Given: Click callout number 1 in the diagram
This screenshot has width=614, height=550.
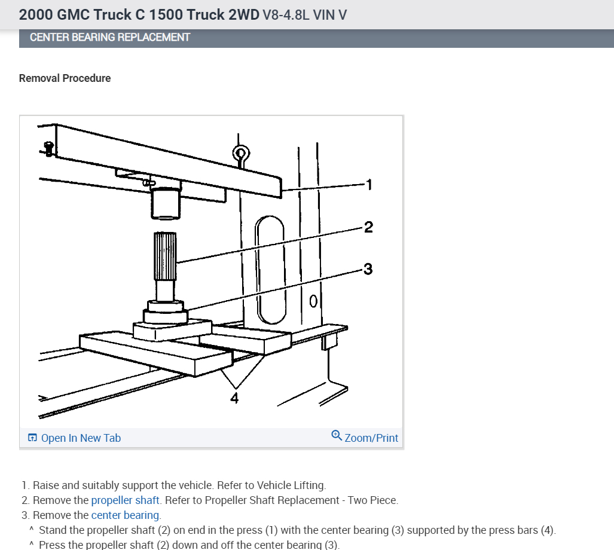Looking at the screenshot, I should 369,185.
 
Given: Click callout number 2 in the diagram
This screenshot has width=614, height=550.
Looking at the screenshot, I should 368,227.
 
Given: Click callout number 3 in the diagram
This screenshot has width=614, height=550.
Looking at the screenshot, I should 368,269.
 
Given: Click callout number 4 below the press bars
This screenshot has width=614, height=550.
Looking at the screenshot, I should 234,398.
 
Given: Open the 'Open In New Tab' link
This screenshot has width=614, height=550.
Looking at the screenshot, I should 81,438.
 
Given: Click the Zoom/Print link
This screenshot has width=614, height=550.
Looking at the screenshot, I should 371,438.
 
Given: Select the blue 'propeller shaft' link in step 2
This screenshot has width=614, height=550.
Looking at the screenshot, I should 126,500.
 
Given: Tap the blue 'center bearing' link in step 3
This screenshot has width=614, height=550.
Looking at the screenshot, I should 125,515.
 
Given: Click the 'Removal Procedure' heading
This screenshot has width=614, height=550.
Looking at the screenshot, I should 65,78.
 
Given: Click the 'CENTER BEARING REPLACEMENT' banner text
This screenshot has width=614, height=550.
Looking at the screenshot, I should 110,37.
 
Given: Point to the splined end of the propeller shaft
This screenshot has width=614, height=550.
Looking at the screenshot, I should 166,257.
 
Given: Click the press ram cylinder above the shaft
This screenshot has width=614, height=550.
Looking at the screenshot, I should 166,203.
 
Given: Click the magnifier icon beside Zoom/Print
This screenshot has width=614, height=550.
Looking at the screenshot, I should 337,436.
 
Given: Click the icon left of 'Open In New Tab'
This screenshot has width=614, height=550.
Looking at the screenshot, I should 32,438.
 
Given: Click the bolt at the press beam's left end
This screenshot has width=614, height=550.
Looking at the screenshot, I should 49,147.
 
